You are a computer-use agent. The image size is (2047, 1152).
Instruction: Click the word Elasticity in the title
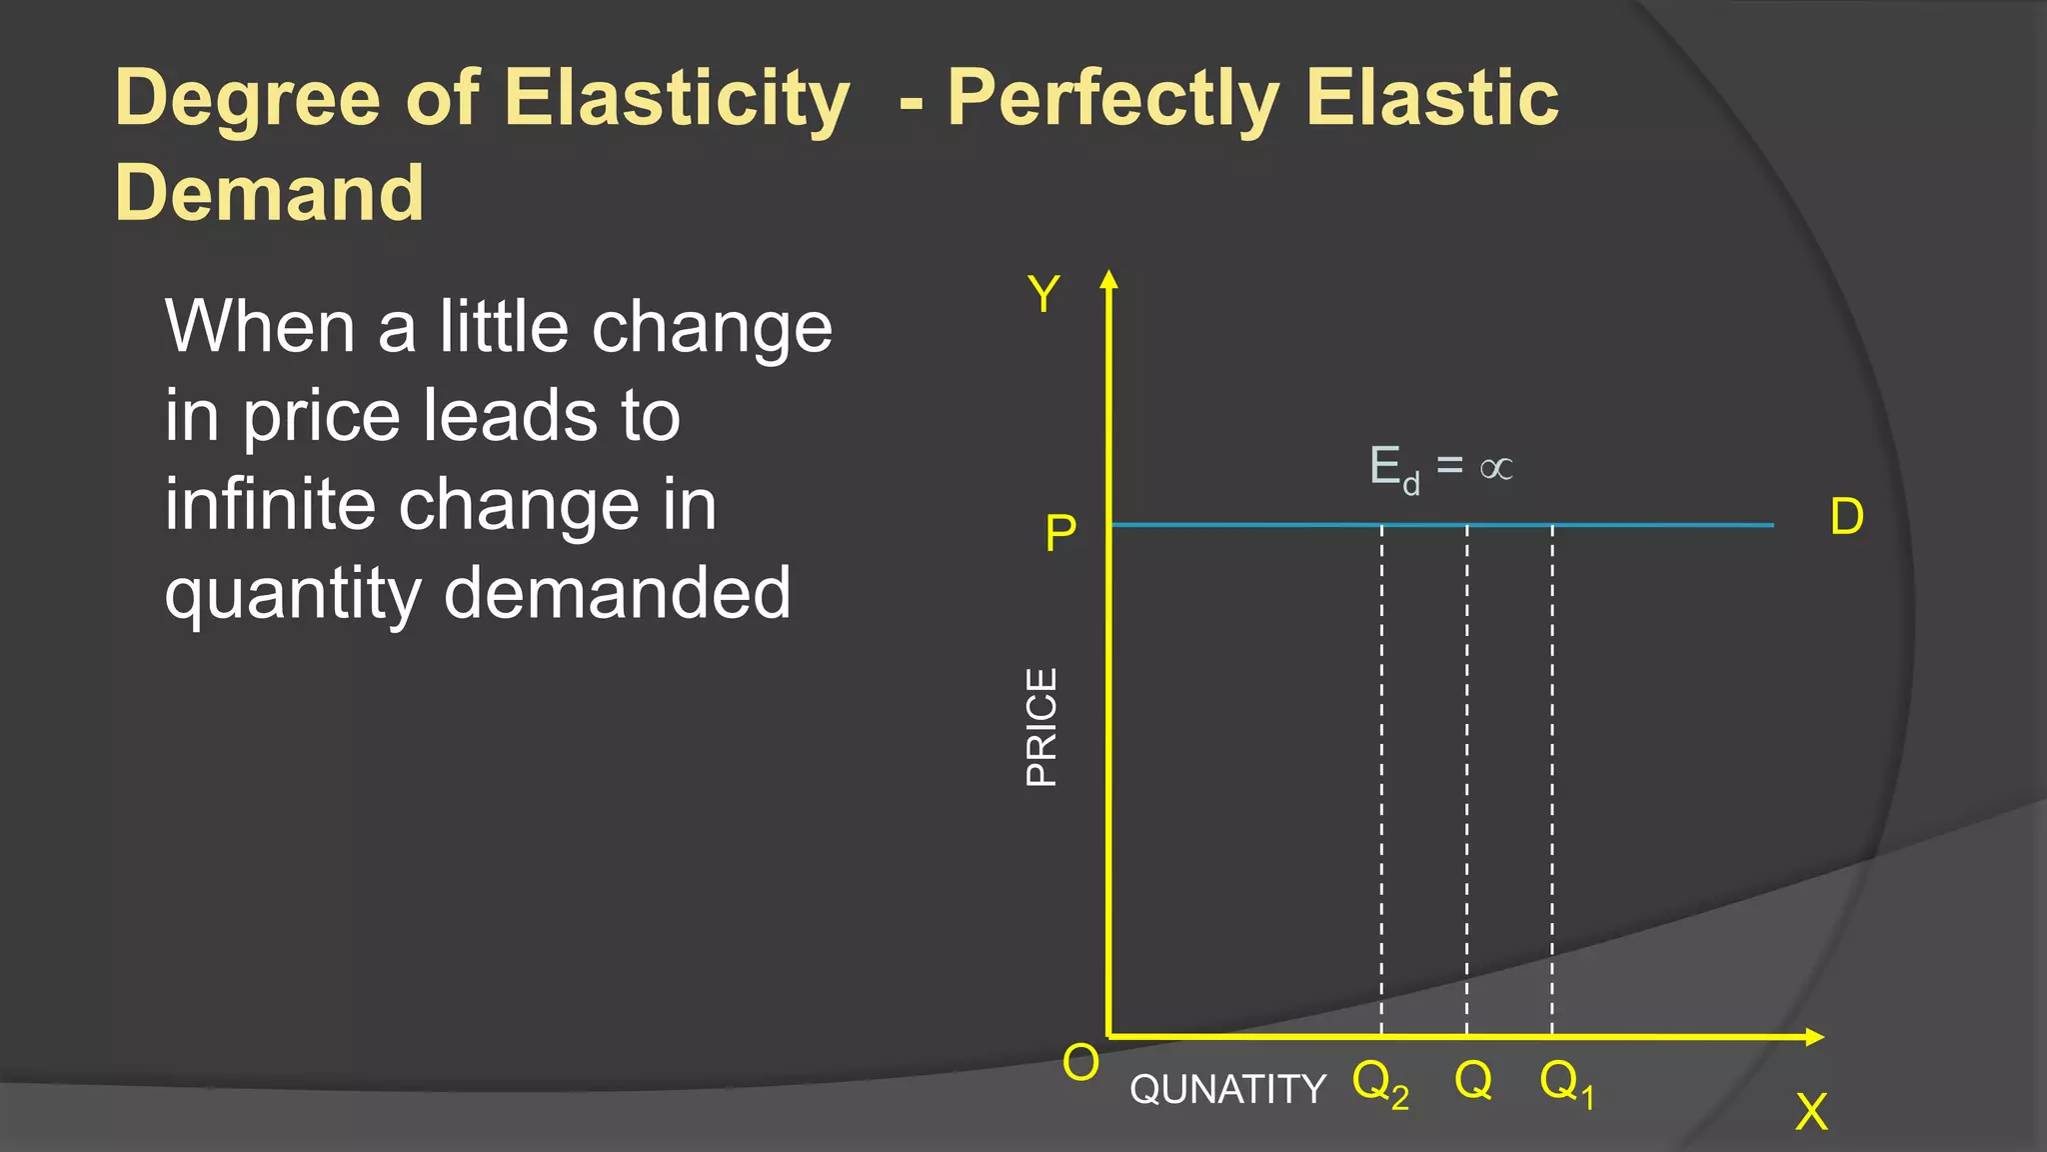[677, 98]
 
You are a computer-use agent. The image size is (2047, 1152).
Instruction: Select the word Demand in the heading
[270, 192]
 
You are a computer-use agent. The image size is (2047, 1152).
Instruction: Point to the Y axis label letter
[1043, 295]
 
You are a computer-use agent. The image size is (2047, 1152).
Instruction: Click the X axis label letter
[1811, 1111]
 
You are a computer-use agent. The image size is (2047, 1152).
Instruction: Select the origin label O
[1080, 1062]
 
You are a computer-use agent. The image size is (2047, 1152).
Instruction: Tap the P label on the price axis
[1060, 533]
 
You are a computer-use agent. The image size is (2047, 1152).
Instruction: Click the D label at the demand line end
[1846, 517]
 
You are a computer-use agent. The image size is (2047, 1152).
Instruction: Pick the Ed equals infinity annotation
[1440, 468]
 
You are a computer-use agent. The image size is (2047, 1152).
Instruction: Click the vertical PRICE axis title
[1041, 727]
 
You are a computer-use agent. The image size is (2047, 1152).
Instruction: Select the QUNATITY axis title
[1227, 1089]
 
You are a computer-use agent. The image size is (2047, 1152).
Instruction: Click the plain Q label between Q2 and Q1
[1473, 1080]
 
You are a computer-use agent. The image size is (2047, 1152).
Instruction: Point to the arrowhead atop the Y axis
[1108, 279]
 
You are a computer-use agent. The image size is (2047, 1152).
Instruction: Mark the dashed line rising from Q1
[1552, 780]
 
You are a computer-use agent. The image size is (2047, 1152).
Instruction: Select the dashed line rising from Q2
[1382, 780]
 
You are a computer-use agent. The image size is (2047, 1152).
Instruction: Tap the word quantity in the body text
[293, 593]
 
